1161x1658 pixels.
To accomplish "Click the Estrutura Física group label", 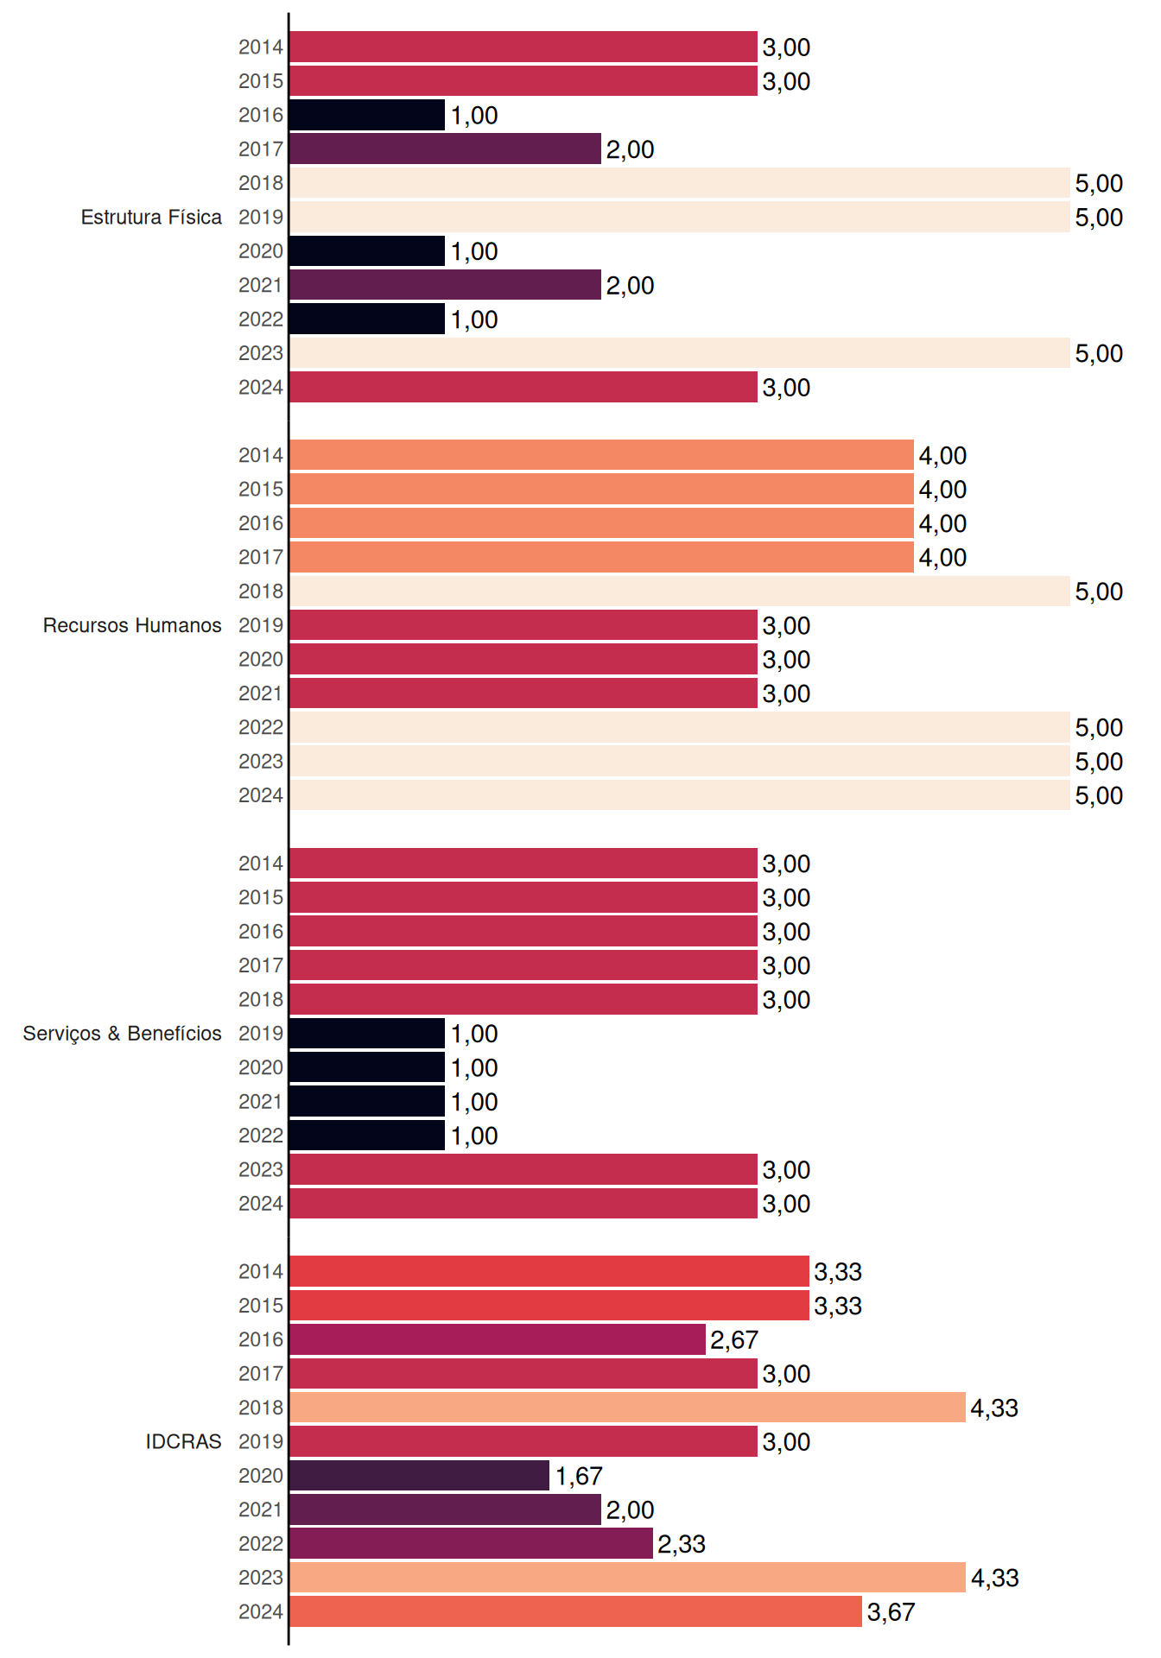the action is (151, 217).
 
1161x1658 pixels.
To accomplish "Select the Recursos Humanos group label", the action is (132, 625).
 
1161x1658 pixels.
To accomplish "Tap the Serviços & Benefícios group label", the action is (122, 1034).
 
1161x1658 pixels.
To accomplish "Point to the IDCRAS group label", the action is (183, 1441).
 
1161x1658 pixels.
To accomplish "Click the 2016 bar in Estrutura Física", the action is (367, 115).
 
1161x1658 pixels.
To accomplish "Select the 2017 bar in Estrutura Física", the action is (445, 149).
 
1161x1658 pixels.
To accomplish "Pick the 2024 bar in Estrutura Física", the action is (523, 387).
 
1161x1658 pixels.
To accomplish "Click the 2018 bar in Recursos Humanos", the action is (680, 592).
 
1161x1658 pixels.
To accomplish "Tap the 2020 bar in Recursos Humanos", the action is (523, 659).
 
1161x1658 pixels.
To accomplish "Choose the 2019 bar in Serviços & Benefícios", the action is (367, 1034).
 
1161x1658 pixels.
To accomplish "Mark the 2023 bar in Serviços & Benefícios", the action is (523, 1169).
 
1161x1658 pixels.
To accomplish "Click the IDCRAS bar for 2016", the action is (498, 1339).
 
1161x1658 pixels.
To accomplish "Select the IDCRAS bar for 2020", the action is (419, 1476).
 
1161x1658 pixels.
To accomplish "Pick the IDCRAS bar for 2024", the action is (575, 1611).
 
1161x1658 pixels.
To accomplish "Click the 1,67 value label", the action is (579, 1476).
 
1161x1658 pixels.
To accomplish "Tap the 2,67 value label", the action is (734, 1339).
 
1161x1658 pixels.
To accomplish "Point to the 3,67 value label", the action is (891, 1612).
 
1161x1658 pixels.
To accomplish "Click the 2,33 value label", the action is (682, 1544).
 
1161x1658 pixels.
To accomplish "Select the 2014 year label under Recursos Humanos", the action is (261, 455).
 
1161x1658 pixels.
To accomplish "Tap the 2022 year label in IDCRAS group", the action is (261, 1544).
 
